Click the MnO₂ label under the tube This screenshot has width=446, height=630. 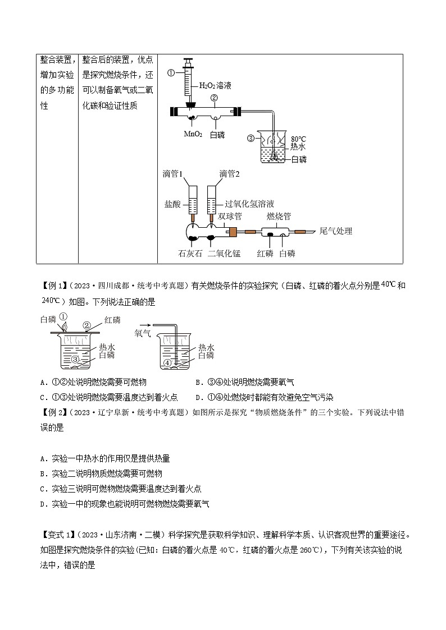tap(192, 135)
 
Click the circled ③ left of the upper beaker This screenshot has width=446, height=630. tap(251, 138)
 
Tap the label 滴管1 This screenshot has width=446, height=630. tap(172, 174)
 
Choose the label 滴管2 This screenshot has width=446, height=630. tap(229, 174)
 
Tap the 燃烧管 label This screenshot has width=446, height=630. tap(279, 216)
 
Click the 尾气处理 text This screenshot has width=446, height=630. tap(336, 231)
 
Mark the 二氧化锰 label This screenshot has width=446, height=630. tap(224, 254)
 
